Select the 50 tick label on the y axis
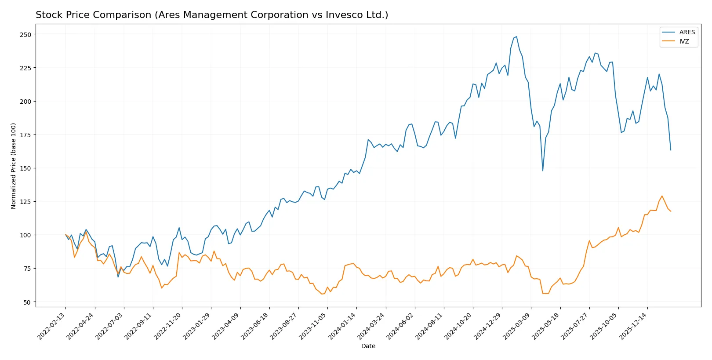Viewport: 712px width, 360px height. pos(27,302)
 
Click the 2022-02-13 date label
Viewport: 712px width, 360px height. pos(52,326)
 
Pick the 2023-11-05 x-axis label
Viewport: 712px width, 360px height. pos(313,326)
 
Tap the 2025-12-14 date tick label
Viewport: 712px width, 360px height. pos(634,326)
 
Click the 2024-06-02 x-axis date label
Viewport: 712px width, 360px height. pos(401,326)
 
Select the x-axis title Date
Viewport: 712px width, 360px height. pos(368,346)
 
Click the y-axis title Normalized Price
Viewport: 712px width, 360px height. pos(14,166)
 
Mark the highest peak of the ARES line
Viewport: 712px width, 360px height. pos(516,37)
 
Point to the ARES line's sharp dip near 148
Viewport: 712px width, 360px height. pos(543,171)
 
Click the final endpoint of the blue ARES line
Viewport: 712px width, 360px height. pos(671,150)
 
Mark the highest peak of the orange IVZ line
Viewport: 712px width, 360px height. pos(662,196)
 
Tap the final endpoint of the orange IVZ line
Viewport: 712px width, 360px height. pos(671,211)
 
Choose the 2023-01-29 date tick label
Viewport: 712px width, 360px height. pos(197,326)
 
